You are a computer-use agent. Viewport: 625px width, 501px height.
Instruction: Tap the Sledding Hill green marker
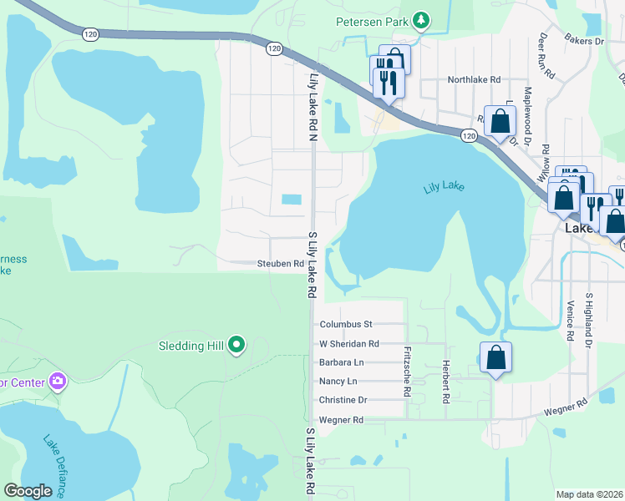pyautogui.click(x=236, y=345)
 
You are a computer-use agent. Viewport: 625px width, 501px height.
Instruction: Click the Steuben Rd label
pyautogui.click(x=279, y=264)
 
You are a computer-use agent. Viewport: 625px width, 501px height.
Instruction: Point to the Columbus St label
pyautogui.click(x=345, y=324)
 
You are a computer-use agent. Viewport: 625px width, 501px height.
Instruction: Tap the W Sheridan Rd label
pyautogui.click(x=349, y=343)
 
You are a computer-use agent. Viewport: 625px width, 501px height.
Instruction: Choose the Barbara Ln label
pyautogui.click(x=341, y=362)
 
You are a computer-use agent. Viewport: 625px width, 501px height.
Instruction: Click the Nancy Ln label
pyautogui.click(x=338, y=382)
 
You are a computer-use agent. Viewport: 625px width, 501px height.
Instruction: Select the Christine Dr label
pyautogui.click(x=343, y=401)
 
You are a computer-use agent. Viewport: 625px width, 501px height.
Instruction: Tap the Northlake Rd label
pyautogui.click(x=474, y=80)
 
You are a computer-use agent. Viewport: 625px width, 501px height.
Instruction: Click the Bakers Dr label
pyautogui.click(x=583, y=40)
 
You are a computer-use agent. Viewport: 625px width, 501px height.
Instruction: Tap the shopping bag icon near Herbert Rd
pyautogui.click(x=496, y=357)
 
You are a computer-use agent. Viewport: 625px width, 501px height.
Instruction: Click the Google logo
pyautogui.click(x=28, y=491)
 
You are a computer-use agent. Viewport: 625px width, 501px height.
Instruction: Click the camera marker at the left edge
pyautogui.click(x=58, y=382)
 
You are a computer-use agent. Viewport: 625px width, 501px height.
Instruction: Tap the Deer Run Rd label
pyautogui.click(x=546, y=57)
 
